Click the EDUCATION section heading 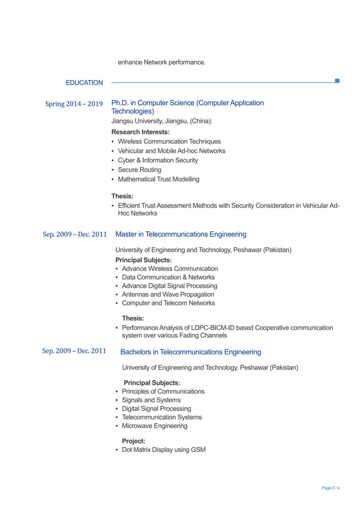coord(84,83)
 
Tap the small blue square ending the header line coord(337,81)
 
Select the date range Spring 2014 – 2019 coord(74,104)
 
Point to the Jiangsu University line coord(161,121)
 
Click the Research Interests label coord(141,131)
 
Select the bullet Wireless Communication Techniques coord(169,142)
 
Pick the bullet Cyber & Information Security coord(157,160)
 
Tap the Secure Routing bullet coord(139,170)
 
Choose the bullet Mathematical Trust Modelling coord(159,179)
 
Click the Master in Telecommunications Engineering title coord(181,234)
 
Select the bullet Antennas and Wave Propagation coord(168,295)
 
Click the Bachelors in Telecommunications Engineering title coord(191,352)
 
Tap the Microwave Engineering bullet coord(155,426)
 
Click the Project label coord(134,441)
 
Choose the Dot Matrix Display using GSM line coord(164,450)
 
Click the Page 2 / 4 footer coord(331,488)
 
